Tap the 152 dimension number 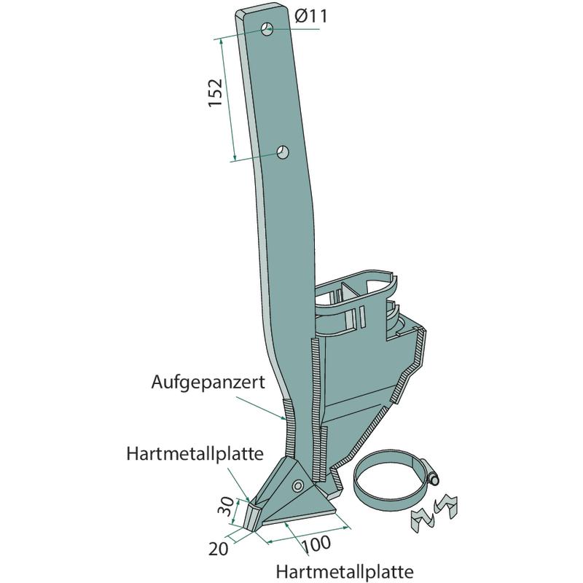[216, 93]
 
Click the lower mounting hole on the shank [283, 152]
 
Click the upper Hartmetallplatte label [195, 455]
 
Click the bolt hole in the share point [297, 485]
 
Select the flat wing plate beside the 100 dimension [306, 511]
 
